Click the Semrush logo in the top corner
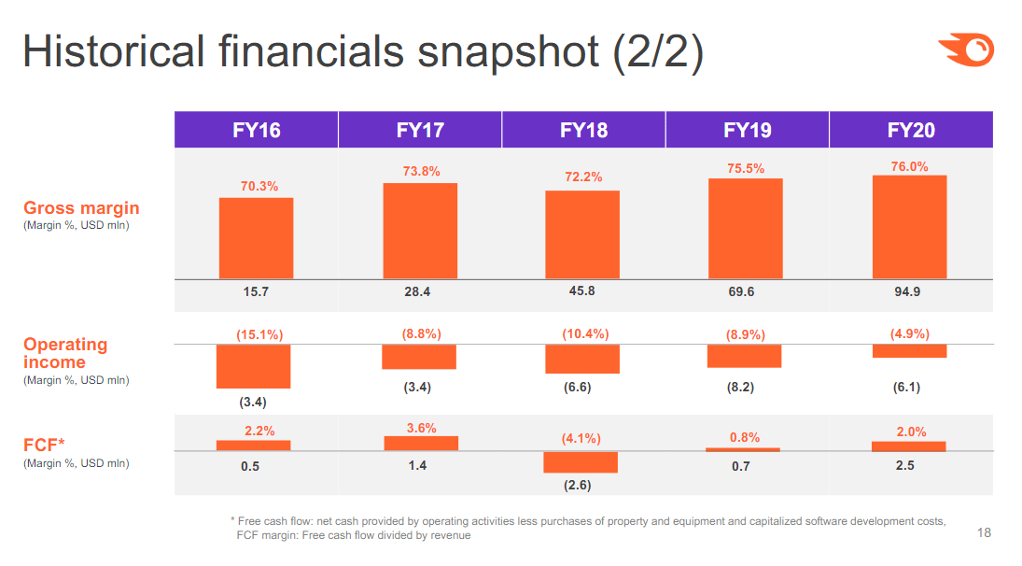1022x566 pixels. coord(967,50)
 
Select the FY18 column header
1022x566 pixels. coord(583,130)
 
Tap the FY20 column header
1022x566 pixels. coord(911,130)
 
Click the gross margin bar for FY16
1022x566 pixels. coord(256,238)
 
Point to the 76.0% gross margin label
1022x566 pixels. coord(909,166)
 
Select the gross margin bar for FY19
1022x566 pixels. coord(745,229)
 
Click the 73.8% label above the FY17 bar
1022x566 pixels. coord(420,171)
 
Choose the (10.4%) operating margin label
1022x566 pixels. coord(585,333)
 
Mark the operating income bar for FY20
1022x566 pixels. coord(909,351)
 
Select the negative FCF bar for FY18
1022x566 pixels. coord(580,462)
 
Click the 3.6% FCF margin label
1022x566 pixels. coord(421,428)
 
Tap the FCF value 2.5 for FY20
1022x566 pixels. coord(904,465)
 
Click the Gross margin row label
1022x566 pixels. coord(81,207)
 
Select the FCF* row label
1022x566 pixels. coord(44,446)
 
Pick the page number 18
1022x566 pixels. coord(984,533)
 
